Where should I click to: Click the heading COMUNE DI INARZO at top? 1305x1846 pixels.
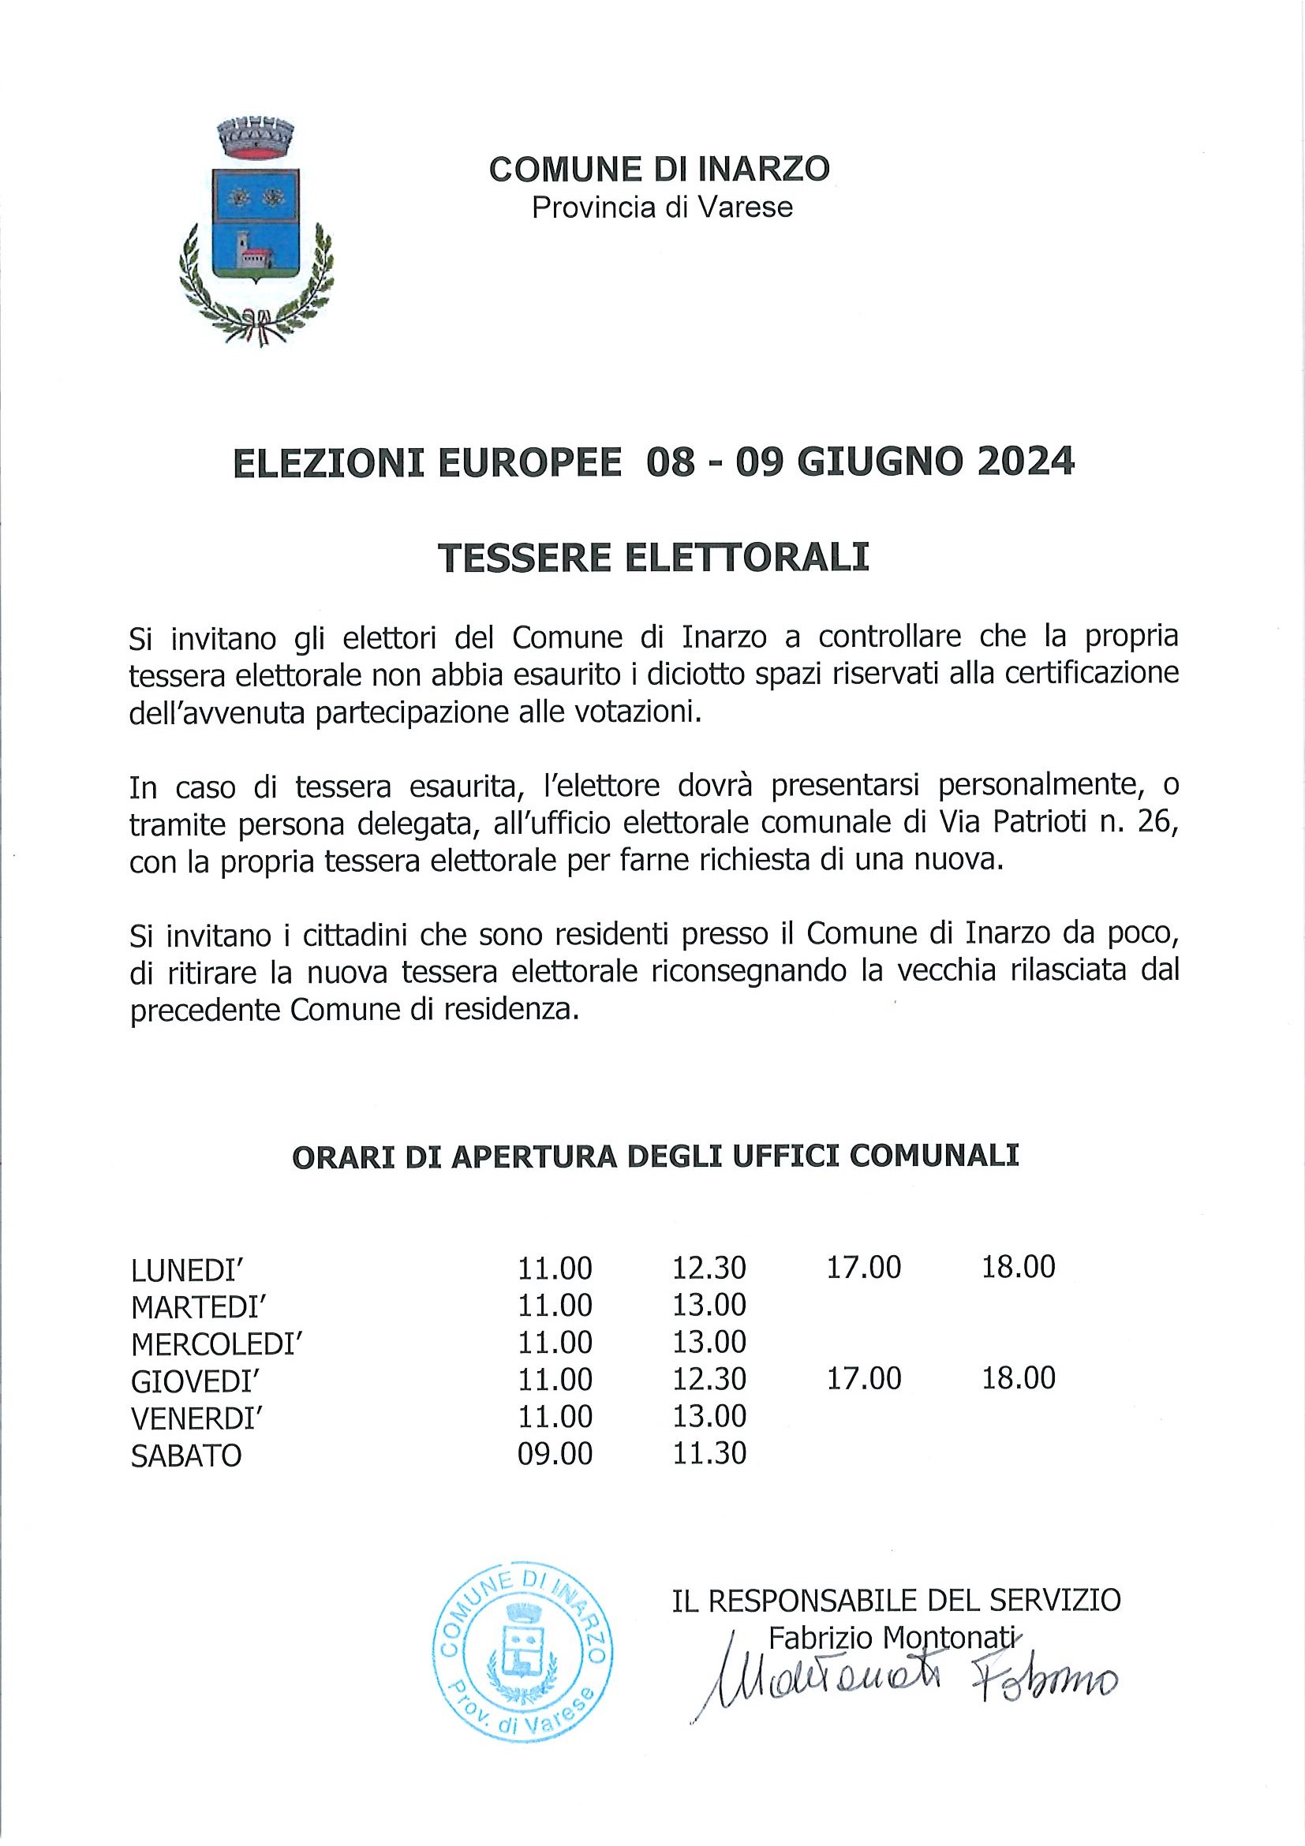point(660,170)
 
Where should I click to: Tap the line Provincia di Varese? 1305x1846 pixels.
point(662,207)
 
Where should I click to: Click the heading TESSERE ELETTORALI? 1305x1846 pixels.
point(654,558)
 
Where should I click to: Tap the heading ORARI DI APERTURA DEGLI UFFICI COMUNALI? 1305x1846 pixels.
point(656,1157)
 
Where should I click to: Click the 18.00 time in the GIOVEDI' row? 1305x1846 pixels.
point(1018,1378)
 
